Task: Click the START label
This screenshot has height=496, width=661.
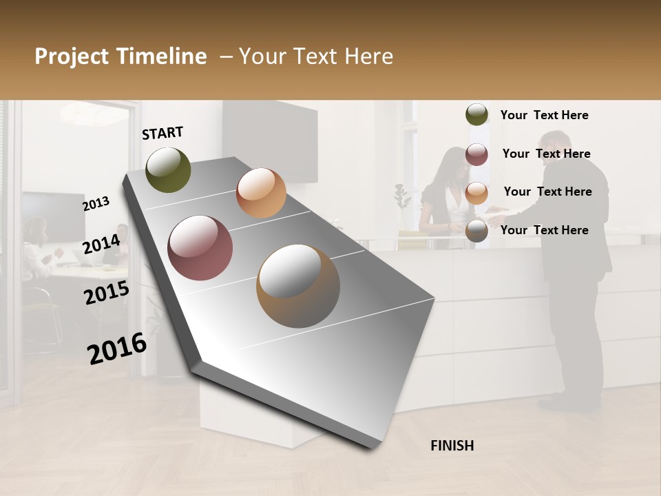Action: point(162,133)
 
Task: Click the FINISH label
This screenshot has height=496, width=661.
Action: point(452,446)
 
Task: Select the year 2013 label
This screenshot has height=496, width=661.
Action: point(96,203)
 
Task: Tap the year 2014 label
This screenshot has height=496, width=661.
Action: point(101,244)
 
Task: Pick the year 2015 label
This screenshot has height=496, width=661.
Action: point(106,293)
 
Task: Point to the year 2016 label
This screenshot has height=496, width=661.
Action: point(117,349)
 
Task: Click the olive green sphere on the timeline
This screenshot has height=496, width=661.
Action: point(169,169)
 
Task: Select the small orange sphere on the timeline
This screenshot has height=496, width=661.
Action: point(261,193)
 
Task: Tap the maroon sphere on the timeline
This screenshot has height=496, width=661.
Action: point(200,248)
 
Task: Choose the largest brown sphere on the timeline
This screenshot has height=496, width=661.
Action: point(298,286)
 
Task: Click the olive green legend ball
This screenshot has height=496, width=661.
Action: point(476,115)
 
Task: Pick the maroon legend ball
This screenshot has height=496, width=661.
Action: point(476,154)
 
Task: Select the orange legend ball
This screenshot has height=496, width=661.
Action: point(476,193)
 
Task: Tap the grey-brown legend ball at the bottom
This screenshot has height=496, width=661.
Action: point(476,231)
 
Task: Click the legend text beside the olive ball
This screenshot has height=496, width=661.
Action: point(544,115)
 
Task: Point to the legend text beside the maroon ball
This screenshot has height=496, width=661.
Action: point(546,154)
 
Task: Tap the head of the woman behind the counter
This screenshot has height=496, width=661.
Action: point(448,164)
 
